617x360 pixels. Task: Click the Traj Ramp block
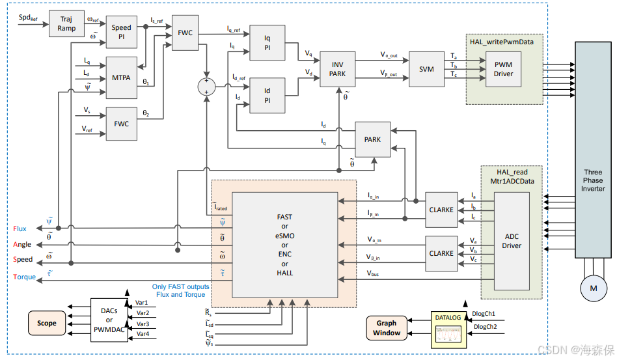point(67,24)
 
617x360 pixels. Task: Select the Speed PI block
point(121,33)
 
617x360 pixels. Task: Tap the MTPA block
point(121,77)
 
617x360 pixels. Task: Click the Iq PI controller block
point(267,42)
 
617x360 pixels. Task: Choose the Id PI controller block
point(267,96)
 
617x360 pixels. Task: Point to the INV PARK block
point(337,70)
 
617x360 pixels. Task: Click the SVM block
point(426,70)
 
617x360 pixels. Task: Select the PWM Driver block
point(503,69)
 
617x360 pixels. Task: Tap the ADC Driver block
point(512,242)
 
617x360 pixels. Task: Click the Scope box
point(47,323)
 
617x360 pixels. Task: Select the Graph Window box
point(387,327)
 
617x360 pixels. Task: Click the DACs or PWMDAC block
point(109,320)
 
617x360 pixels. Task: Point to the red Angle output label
point(21,245)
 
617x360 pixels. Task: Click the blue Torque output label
point(24,277)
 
